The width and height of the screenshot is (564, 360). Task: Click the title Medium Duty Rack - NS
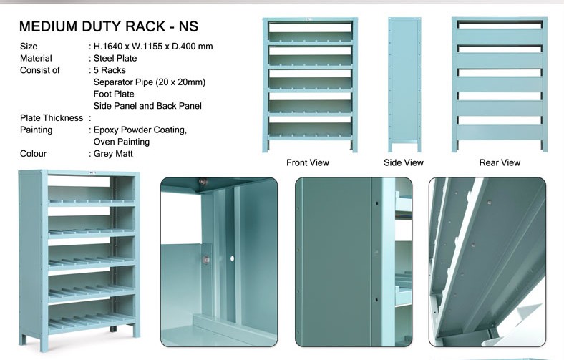[109, 26]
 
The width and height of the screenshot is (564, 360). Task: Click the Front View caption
[308, 162]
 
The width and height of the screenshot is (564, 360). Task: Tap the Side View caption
[404, 162]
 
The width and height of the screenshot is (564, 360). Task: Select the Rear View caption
[500, 162]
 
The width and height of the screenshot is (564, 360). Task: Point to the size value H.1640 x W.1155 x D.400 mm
[153, 47]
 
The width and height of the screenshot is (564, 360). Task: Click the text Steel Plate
[115, 58]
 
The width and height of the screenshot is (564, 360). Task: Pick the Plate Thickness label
[52, 118]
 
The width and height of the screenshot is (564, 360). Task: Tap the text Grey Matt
[113, 154]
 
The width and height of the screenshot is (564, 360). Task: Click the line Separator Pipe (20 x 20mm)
[150, 82]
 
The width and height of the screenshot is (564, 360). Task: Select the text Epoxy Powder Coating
[140, 130]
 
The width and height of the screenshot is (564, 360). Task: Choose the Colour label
[33, 154]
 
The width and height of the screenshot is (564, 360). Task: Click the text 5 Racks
[110, 70]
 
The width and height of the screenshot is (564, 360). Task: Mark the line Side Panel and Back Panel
[147, 106]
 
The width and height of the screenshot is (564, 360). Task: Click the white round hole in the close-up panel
[232, 258]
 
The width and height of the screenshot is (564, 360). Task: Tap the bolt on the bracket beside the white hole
[206, 259]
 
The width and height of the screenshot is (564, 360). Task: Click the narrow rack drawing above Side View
[404, 84]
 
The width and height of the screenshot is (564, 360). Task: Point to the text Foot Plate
[114, 94]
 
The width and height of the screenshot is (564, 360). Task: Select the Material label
[36, 58]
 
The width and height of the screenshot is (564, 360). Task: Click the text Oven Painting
[122, 142]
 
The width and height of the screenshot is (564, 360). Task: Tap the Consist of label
[40, 70]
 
